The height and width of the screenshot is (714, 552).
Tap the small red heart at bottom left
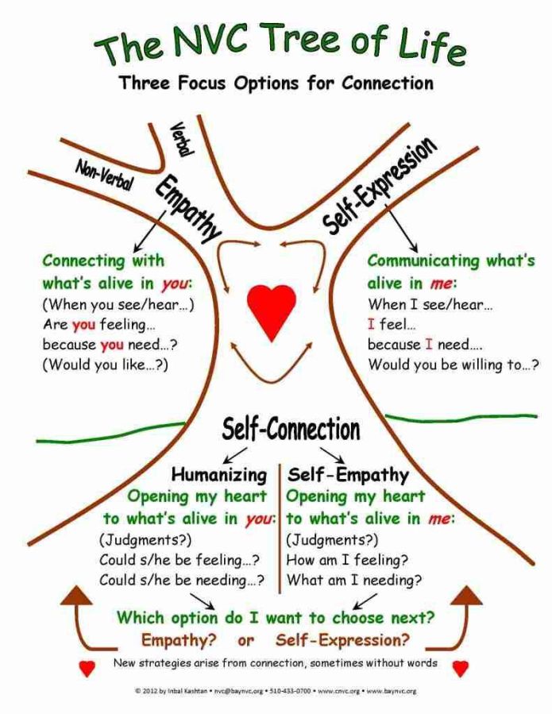pyautogui.click(x=87, y=669)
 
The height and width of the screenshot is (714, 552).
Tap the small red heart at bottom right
pyautogui.click(x=461, y=669)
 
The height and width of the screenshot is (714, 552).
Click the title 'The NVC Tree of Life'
pyautogui.click(x=280, y=44)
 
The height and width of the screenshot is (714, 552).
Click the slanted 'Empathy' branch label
pyautogui.click(x=187, y=209)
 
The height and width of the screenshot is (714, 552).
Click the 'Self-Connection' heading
pyautogui.click(x=291, y=430)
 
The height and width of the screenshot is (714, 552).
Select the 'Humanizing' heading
pyautogui.click(x=219, y=475)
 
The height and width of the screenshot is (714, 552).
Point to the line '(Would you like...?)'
pyautogui.click(x=106, y=365)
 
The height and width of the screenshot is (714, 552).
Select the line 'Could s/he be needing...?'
pyautogui.click(x=182, y=580)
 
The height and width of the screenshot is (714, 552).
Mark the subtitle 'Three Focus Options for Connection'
pyautogui.click(x=276, y=83)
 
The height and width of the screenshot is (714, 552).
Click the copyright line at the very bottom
pyautogui.click(x=276, y=692)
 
